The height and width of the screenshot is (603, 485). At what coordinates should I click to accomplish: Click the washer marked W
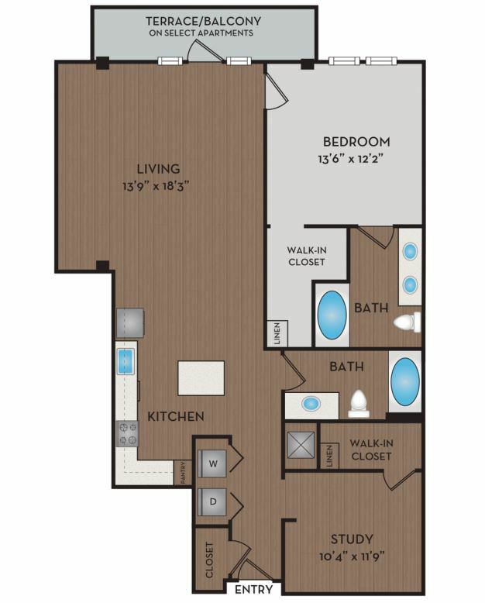point(212,463)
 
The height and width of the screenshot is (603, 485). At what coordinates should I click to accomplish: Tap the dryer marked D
point(212,501)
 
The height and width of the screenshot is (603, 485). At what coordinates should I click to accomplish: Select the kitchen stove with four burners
point(127,433)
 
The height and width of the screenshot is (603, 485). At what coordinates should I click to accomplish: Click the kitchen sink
point(126,361)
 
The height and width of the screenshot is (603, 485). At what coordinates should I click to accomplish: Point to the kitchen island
point(201,377)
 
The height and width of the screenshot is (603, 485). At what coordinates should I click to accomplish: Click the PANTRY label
point(184,473)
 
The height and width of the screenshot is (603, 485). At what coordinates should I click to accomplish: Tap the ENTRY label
point(253,589)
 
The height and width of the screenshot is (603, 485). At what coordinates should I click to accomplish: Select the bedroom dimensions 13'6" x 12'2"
point(351,159)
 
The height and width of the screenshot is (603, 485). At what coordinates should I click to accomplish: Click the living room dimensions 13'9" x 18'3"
point(156,187)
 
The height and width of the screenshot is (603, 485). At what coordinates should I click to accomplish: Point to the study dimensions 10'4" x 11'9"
point(352,556)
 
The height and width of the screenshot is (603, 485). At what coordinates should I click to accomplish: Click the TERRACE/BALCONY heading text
point(203,21)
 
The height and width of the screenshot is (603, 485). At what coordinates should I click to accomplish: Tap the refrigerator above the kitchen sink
point(130,322)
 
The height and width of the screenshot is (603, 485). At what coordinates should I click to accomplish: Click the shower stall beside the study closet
point(301,446)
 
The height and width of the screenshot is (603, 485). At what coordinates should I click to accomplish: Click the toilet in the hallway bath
point(359,404)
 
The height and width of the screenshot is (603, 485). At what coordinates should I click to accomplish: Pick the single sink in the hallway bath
point(311,403)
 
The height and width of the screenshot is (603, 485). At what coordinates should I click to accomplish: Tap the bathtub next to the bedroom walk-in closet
point(332,315)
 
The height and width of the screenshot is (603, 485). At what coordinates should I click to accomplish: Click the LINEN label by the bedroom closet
point(277,333)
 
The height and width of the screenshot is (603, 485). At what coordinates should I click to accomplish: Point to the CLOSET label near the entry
point(209,560)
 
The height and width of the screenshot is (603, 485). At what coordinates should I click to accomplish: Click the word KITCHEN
point(176,416)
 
